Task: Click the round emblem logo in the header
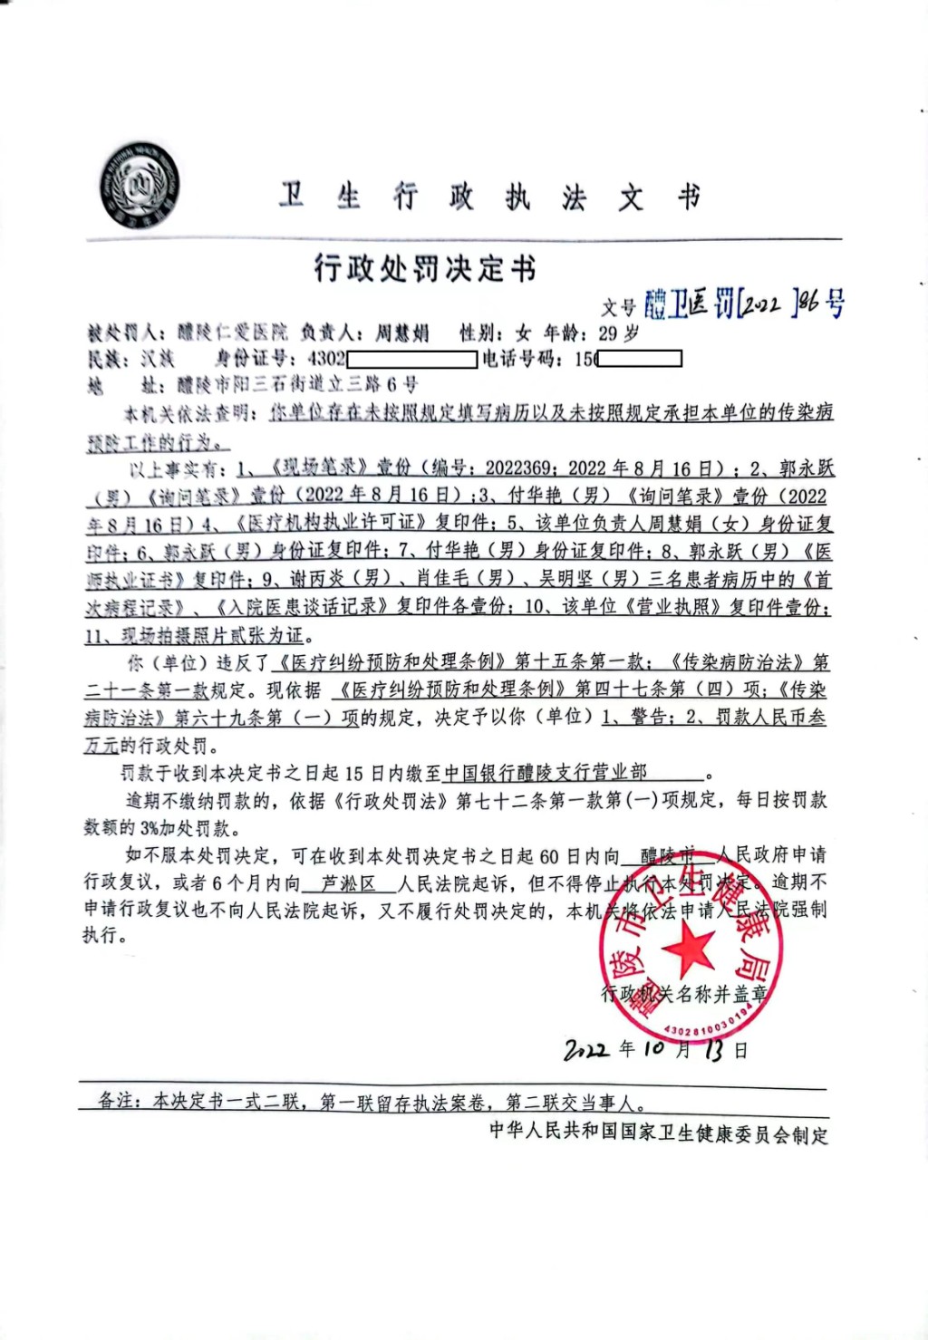tap(139, 186)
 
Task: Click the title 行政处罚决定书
tap(425, 268)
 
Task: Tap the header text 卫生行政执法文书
tap(489, 196)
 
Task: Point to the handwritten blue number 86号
tap(821, 302)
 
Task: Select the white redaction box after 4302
tap(411, 359)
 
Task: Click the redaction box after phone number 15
tap(641, 359)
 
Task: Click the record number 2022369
tap(517, 468)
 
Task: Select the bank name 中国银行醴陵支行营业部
tap(546, 772)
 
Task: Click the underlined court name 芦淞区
tap(349, 882)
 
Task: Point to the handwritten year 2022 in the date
tap(586, 1050)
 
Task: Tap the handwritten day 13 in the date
tap(714, 1050)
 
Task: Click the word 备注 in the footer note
tap(119, 1101)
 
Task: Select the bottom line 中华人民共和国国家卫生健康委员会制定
tap(659, 1133)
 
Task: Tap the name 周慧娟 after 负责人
tap(401, 333)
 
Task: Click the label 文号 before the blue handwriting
tap(619, 308)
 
